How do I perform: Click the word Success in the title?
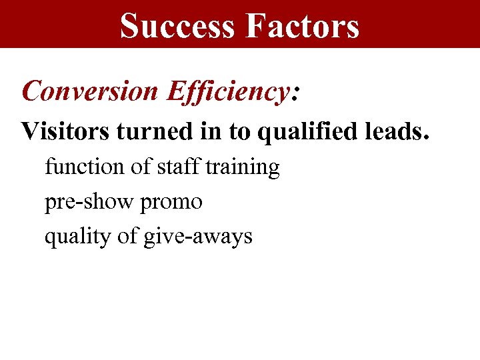click(x=177, y=27)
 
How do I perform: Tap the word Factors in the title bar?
click(x=303, y=27)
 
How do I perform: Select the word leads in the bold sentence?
click(x=392, y=131)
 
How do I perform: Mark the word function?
click(x=85, y=167)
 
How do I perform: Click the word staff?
click(x=179, y=167)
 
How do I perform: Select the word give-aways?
click(x=198, y=237)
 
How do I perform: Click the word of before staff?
click(x=141, y=167)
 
